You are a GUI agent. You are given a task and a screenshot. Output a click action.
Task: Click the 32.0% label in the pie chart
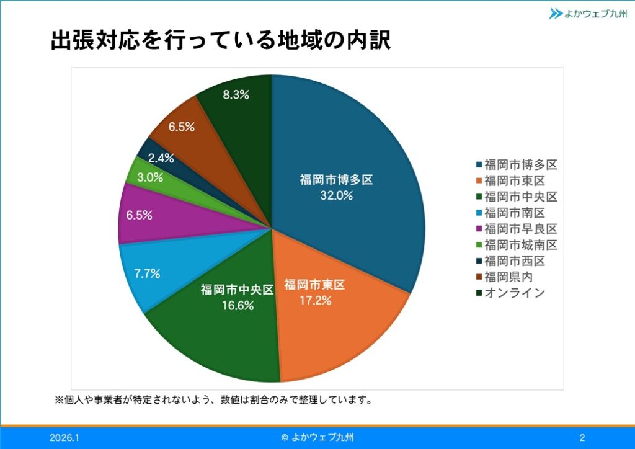tap(336, 196)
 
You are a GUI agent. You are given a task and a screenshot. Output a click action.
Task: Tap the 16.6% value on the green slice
tap(237, 306)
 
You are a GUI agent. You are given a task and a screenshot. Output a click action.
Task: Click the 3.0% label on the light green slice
tap(150, 177)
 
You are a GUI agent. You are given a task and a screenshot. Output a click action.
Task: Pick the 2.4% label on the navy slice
tap(161, 158)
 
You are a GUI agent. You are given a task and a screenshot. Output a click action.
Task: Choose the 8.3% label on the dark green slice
tap(236, 95)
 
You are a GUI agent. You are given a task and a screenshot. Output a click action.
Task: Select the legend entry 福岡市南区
tap(514, 213)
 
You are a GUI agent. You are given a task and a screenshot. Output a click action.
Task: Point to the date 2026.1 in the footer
tap(64, 438)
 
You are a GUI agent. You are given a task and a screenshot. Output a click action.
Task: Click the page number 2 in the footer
tap(582, 438)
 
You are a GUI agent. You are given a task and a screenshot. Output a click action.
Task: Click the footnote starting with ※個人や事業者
tap(214, 399)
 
